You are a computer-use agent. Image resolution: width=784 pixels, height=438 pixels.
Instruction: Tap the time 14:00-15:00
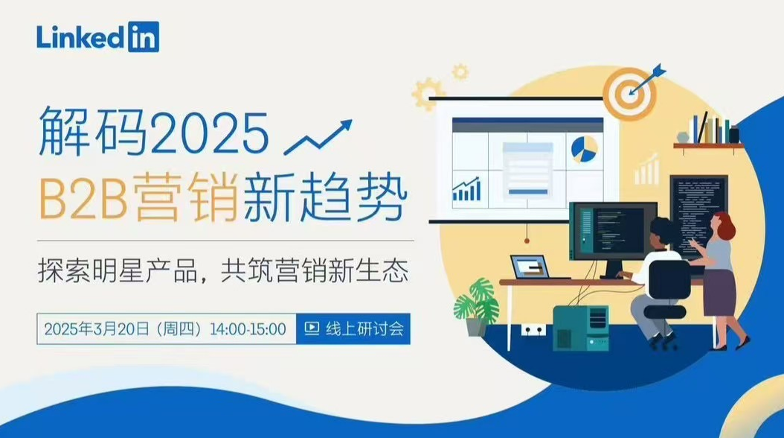point(248,328)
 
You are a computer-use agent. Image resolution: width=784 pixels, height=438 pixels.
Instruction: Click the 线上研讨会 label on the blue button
point(364,328)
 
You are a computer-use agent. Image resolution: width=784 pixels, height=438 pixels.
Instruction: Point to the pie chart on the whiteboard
point(584,148)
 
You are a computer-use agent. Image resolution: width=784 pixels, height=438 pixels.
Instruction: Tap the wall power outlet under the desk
point(533,328)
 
